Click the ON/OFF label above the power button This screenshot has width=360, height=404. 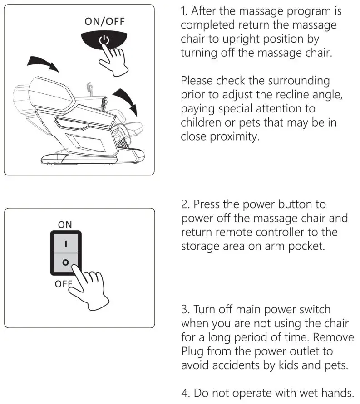[x=104, y=22]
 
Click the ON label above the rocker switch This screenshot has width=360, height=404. [x=65, y=224]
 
